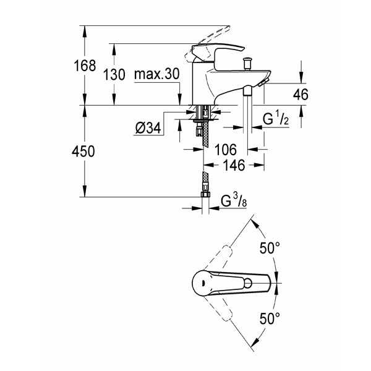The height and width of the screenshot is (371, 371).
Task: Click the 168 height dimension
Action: pos(85,66)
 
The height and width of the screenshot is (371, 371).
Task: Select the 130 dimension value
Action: pos(114,75)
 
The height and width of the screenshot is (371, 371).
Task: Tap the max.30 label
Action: pos(157,74)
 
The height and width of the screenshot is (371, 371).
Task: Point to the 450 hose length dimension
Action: pos(83,151)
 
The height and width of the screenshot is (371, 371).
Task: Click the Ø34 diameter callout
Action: pos(148,129)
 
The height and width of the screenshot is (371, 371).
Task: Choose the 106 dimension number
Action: pos(226,150)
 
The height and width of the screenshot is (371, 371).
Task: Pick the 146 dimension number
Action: pos(234,165)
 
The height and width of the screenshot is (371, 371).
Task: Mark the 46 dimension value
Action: pos(301,95)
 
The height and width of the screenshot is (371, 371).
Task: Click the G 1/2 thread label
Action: pos(276,119)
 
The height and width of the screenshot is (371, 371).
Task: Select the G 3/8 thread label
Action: pos(234,200)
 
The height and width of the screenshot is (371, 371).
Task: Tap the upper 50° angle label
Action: pos(270,248)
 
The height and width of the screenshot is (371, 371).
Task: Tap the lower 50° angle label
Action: pos(270,318)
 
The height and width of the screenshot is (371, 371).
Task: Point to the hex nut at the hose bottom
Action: pos(205,194)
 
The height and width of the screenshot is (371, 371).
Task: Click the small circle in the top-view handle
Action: pos(248,283)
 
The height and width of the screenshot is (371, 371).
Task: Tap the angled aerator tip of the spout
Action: pos(263,83)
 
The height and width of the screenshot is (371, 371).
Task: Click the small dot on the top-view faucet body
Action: pos(203,282)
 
